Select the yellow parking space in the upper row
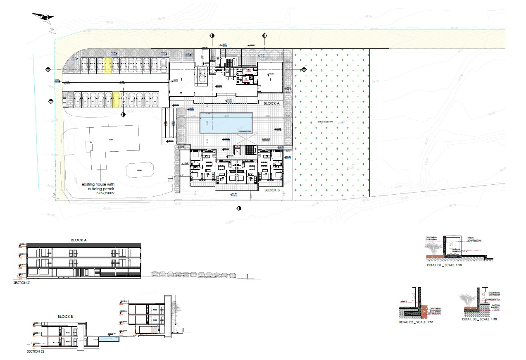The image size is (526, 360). tap(108, 65)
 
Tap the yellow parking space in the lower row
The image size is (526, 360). tap(117, 100)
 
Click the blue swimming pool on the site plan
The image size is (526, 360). tap(226, 123)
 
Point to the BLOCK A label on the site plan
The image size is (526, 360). tap(272, 104)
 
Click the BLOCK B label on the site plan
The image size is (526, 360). tap(272, 190)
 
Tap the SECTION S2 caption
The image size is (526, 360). tap(36, 351)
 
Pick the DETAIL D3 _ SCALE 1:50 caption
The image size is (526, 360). tap(479, 319)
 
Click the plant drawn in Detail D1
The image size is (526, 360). tap(434, 249)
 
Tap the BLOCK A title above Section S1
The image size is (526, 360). tap(79, 240)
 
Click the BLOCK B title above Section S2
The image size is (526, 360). tap(65, 316)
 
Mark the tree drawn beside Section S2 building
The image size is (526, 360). tap(178, 307)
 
